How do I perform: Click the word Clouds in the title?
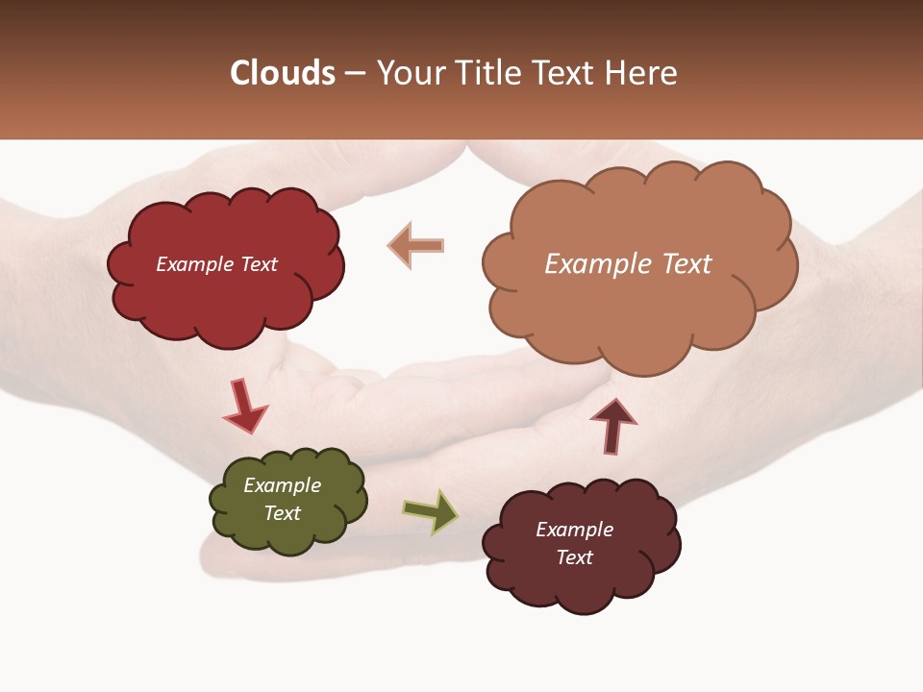point(283,73)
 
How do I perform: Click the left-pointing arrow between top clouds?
point(415,245)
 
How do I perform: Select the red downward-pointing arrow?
point(244,407)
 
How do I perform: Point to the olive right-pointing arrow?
point(431,510)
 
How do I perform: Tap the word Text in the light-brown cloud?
point(685,264)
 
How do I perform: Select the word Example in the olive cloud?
point(282,485)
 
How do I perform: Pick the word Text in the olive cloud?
point(282,513)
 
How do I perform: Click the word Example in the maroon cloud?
point(574,530)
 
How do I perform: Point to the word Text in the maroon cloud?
point(574,557)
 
